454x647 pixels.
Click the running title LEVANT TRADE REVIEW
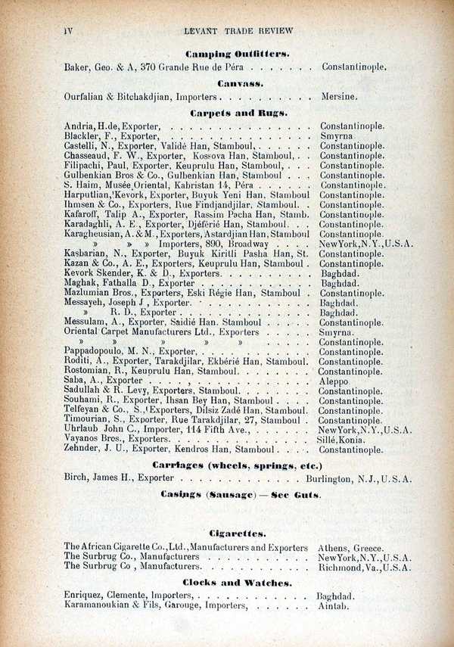click(x=238, y=31)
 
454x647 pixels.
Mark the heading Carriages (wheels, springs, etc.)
click(x=237, y=465)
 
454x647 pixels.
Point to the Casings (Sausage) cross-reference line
click(x=241, y=494)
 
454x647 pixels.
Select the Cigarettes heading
click(x=238, y=532)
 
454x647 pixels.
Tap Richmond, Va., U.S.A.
click(x=365, y=567)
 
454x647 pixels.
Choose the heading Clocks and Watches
click(x=238, y=583)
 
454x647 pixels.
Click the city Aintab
click(x=334, y=607)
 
